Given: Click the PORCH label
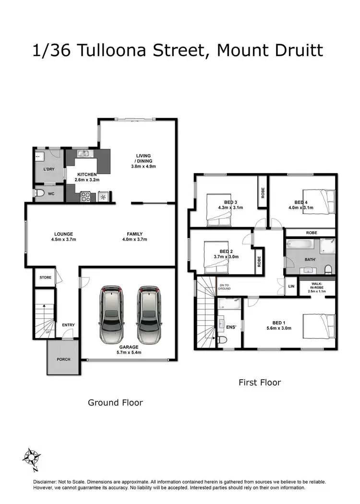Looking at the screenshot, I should pyautogui.click(x=63, y=359).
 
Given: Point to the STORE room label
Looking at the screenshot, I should pyautogui.click(x=45, y=277).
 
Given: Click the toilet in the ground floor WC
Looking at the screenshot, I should pyautogui.click(x=41, y=193).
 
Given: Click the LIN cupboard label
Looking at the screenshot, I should pyautogui.click(x=291, y=287).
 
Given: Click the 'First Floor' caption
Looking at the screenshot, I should pyautogui.click(x=260, y=383).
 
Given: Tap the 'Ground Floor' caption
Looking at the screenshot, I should pyautogui.click(x=115, y=403).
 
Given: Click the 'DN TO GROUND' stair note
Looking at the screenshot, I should pyautogui.click(x=225, y=287).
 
